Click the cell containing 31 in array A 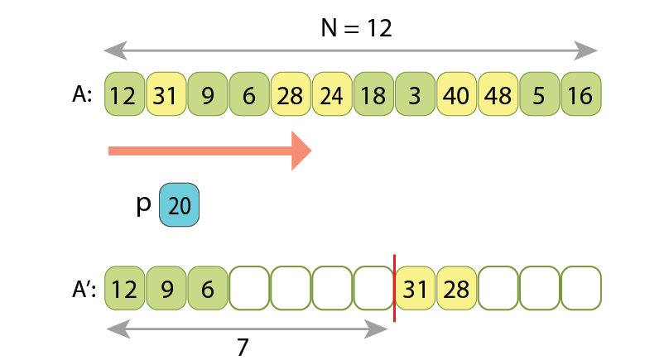point(166,95)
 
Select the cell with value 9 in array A point(208,95)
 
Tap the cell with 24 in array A point(332,95)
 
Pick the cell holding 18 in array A point(373,95)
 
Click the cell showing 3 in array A point(415,95)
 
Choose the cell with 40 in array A point(456,95)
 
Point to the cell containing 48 point(498,95)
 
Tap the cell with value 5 point(540,95)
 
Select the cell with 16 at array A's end point(581,95)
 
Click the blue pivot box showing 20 point(179,205)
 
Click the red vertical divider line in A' point(394,288)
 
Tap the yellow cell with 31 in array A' point(416,289)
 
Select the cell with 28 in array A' point(457,289)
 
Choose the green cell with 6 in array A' point(208,289)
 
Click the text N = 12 point(355,28)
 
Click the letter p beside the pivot point(143,204)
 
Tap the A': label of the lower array point(84,289)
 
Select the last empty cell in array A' point(581,289)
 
